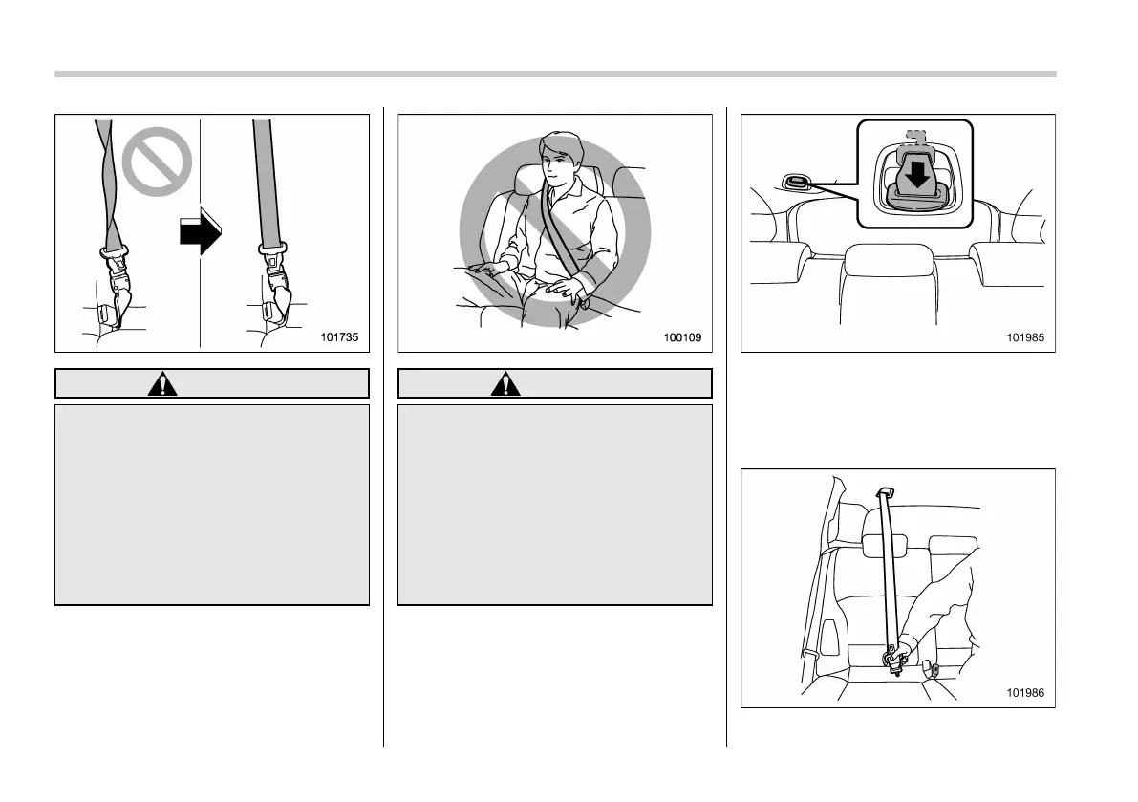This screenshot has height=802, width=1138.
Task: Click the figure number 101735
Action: (x=342, y=336)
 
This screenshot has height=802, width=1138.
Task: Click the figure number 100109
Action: (x=685, y=336)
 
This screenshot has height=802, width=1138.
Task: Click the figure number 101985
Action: (x=1029, y=336)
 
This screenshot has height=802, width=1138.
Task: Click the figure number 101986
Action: (x=1029, y=692)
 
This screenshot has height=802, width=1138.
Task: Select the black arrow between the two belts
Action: (x=201, y=234)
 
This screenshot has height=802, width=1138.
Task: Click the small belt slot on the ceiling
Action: (x=794, y=183)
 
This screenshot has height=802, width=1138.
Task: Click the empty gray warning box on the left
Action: (x=211, y=504)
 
